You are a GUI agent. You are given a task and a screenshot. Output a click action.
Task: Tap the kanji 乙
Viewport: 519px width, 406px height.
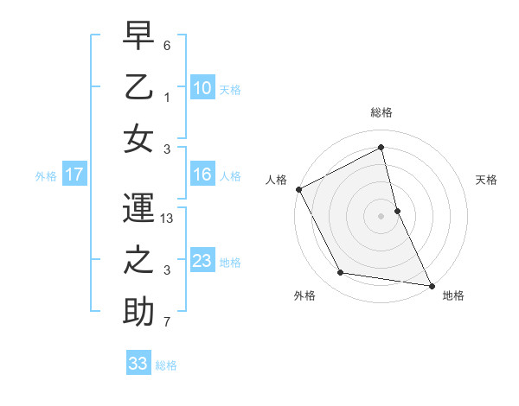(138, 89)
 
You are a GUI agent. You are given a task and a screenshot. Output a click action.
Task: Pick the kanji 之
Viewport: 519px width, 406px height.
(138, 263)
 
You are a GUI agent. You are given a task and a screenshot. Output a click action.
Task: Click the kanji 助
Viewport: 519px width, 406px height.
(138, 312)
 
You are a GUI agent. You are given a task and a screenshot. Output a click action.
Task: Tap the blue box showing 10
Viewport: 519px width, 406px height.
(202, 87)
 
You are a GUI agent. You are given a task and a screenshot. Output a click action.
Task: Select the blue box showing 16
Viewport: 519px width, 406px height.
(202, 175)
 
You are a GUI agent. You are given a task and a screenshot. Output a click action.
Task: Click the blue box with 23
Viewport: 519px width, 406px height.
(202, 261)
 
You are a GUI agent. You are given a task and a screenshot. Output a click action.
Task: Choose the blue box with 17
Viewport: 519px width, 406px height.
(74, 175)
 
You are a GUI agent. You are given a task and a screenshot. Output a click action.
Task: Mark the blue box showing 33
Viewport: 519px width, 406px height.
(138, 364)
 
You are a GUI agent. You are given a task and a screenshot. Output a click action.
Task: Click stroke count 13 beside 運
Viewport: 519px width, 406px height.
(168, 219)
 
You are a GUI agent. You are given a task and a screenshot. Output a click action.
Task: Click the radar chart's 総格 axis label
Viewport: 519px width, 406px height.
(381, 112)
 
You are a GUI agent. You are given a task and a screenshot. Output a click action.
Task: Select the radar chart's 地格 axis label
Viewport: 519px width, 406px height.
(453, 296)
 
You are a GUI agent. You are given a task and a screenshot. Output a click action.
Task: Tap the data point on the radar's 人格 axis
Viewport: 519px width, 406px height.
(298, 189)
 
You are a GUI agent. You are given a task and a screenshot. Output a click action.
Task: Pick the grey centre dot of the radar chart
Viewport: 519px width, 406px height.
(381, 216)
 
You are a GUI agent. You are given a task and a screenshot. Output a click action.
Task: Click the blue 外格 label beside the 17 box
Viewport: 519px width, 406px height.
(45, 176)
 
